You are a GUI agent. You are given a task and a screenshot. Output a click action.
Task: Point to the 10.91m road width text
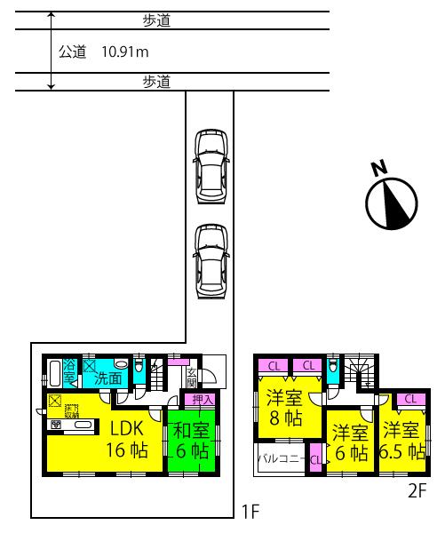(125, 52)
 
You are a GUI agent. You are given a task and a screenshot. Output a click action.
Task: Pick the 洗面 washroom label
(108, 377)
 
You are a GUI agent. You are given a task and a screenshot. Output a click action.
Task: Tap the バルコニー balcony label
(281, 459)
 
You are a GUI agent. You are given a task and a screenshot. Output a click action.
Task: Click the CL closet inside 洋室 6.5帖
(409, 400)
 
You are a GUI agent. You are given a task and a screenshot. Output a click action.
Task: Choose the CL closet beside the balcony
(315, 459)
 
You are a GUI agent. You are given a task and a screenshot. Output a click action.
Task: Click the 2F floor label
(417, 490)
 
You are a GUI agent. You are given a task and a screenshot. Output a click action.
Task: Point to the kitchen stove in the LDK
(55, 426)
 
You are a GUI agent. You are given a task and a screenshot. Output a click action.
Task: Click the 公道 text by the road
(72, 52)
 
